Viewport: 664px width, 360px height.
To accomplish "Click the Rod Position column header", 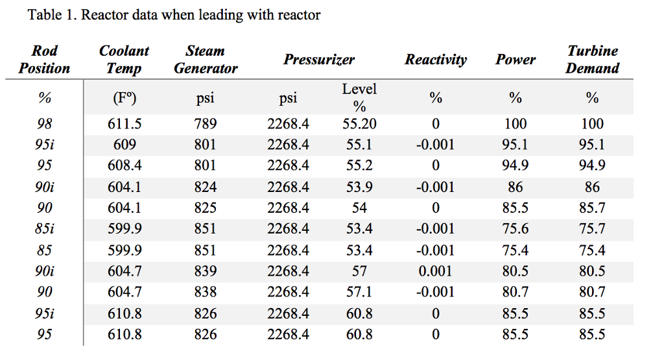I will [x=44, y=59].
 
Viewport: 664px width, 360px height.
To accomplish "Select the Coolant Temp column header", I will [x=124, y=59].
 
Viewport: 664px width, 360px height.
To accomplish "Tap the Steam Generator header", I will [x=206, y=59].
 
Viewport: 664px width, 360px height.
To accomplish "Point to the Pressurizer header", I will [x=319, y=60].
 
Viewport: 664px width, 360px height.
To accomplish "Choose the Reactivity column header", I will [x=435, y=60].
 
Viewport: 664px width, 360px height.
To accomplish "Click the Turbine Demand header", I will [x=592, y=59].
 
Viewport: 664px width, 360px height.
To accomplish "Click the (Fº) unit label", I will [x=124, y=98].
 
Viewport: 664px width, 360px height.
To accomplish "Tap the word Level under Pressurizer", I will [x=359, y=90].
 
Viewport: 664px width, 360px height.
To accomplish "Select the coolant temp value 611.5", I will [x=124, y=124].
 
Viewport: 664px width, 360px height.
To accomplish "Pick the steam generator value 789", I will [x=206, y=124].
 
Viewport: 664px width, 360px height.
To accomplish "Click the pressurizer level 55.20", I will [x=359, y=124].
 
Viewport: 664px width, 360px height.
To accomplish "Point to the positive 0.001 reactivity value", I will [x=435, y=271].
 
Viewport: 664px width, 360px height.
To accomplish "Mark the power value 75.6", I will [x=515, y=229].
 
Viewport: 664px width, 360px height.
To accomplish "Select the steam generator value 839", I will [x=206, y=271].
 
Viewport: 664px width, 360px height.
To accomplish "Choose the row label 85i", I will [x=44, y=229].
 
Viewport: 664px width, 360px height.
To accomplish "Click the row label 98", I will [x=44, y=124].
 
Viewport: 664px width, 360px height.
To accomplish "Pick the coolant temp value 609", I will [x=124, y=145].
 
